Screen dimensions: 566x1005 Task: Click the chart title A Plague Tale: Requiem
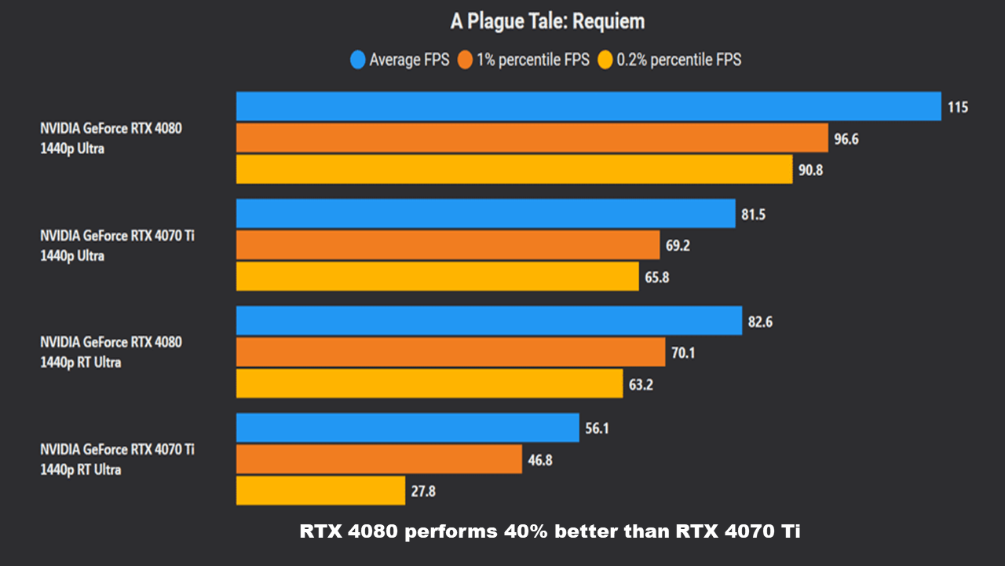click(547, 21)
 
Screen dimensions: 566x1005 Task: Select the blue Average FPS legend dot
click(358, 60)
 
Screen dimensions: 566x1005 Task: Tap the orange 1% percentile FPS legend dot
click(465, 60)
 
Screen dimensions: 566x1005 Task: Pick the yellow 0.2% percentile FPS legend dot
click(605, 60)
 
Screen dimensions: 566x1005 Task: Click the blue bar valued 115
click(588, 107)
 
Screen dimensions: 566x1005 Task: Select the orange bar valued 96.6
click(532, 138)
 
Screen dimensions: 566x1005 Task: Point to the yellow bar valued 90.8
click(514, 169)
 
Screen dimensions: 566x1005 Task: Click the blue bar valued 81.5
click(485, 213)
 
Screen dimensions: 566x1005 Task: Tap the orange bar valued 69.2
click(448, 244)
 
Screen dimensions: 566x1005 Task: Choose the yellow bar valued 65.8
click(437, 276)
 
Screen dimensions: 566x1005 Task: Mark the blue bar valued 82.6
click(488, 321)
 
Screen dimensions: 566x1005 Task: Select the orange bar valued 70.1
click(451, 351)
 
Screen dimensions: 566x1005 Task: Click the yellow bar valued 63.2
click(429, 383)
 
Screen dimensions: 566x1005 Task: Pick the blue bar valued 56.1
click(407, 428)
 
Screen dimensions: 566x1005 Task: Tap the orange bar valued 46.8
click(379, 459)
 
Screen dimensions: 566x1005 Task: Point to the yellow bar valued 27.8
click(320, 491)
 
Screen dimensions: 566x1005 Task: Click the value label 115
click(957, 107)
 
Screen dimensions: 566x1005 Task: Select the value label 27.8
click(422, 491)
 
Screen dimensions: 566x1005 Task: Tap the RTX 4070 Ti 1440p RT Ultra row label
click(118, 459)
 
